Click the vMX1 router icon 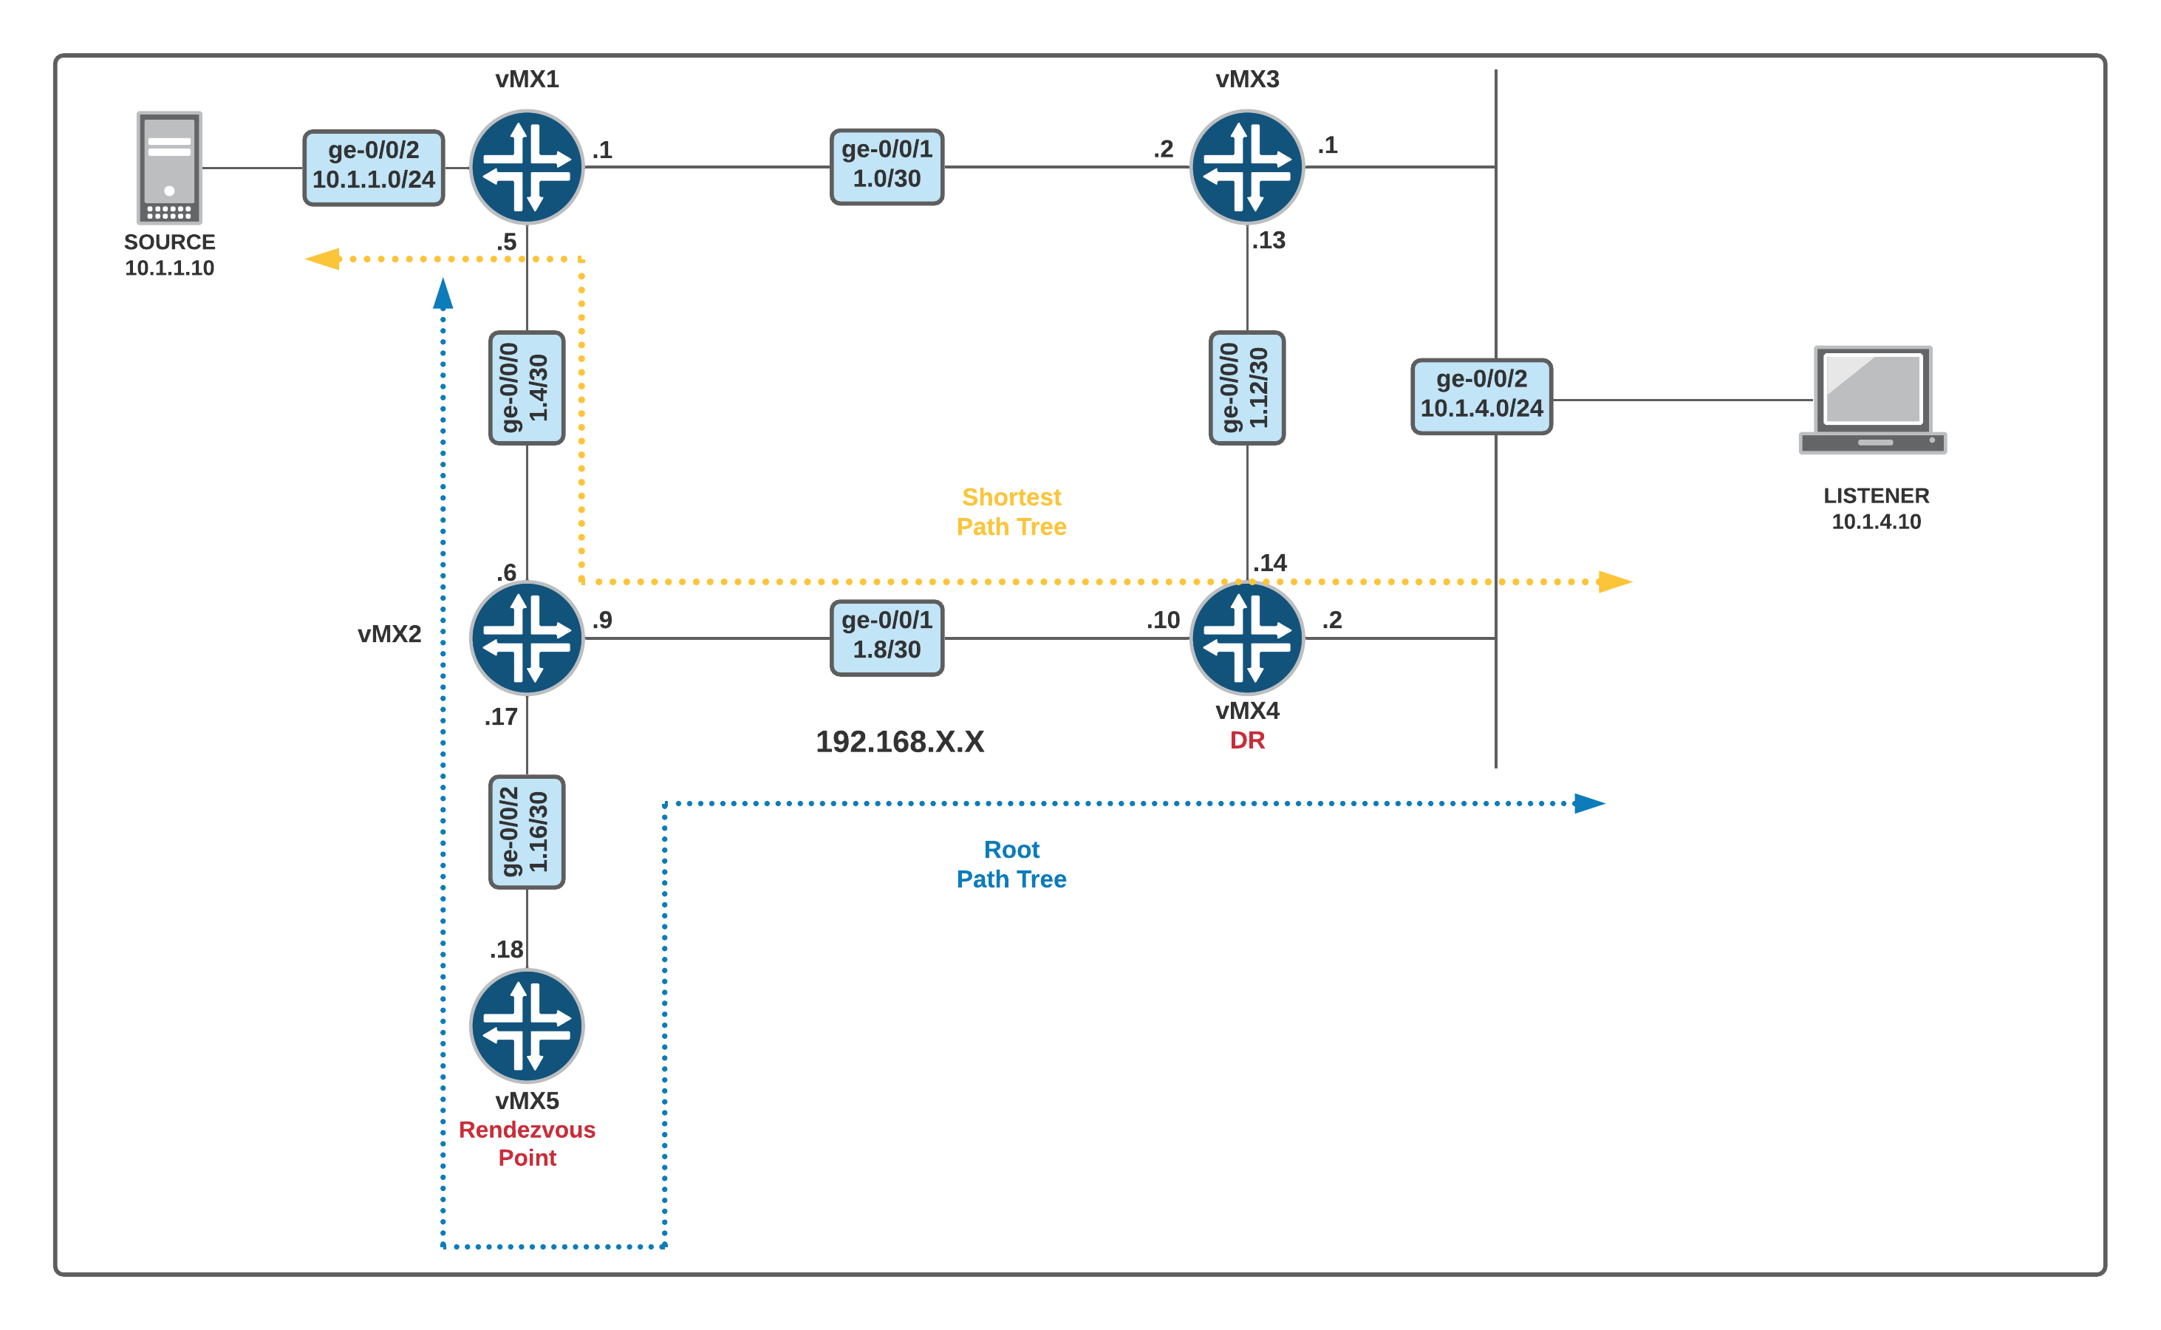[526, 166]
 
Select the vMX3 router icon [1246, 166]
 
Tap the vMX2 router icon [526, 638]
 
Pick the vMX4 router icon [1246, 638]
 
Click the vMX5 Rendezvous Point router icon [526, 1026]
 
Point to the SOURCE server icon [169, 167]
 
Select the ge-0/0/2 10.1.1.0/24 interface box [373, 167]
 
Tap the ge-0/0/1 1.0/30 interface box [887, 166]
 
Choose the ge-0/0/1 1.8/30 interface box [887, 638]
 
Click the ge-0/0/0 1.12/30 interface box [1246, 388]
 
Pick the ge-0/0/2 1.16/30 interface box [526, 832]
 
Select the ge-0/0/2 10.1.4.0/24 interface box [1481, 396]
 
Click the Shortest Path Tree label [1011, 512]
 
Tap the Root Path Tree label [1011, 864]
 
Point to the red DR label [1247, 740]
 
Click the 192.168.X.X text [900, 742]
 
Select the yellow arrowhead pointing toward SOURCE [323, 259]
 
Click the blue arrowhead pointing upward [443, 295]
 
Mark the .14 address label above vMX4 [1270, 563]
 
